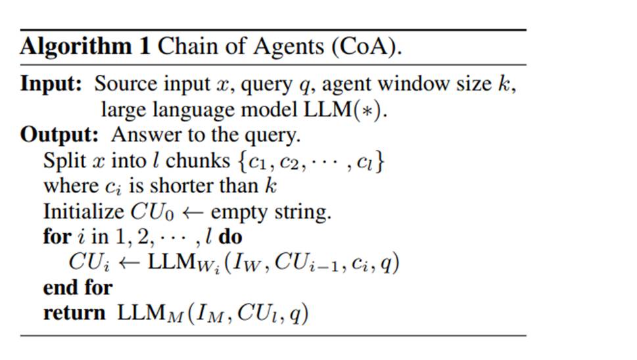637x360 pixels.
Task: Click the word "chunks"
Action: (x=196, y=160)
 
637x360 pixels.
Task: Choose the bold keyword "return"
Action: (x=74, y=313)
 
